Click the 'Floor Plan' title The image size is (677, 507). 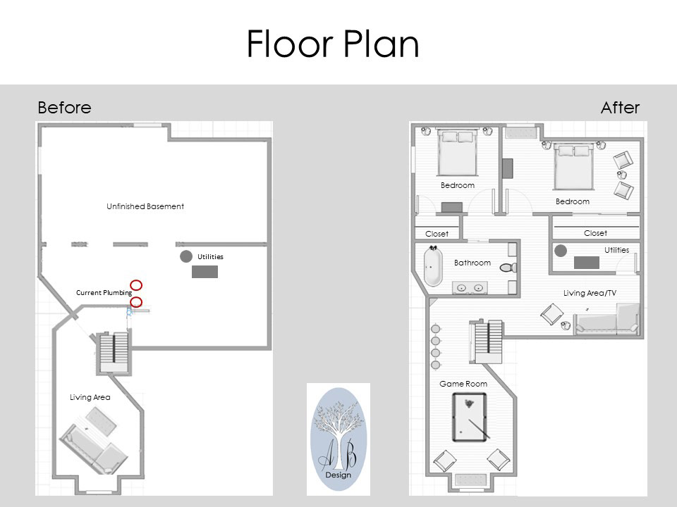332,44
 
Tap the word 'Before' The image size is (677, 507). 64,107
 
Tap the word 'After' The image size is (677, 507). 620,107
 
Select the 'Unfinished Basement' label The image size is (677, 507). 145,206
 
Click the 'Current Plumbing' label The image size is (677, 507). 104,293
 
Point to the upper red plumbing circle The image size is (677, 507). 136,285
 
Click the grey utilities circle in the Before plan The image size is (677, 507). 186,256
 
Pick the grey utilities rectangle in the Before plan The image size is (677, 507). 205,272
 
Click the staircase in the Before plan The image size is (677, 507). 114,352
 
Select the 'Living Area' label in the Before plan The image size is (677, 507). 90,397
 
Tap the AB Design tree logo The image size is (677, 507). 338,439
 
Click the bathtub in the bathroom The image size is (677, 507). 433,266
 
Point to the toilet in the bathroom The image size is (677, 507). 508,268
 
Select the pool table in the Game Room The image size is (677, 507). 470,418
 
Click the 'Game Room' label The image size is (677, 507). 463,384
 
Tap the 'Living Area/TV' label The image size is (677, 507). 590,293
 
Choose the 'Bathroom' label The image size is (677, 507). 472,263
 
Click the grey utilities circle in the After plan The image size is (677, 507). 561,251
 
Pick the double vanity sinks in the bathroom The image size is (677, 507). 470,287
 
